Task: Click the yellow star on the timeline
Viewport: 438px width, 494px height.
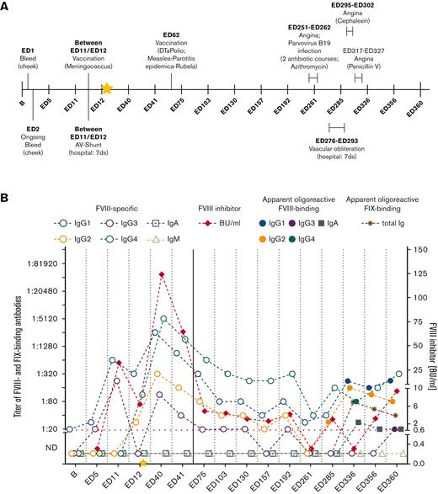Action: click(x=107, y=87)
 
